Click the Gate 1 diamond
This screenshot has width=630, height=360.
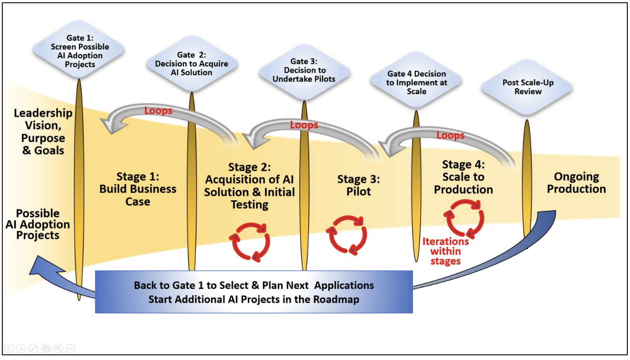[x=79, y=51]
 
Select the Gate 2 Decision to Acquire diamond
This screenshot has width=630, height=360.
[x=192, y=64]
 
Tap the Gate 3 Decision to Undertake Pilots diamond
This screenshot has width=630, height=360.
[x=304, y=70]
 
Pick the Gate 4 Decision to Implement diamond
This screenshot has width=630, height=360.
[x=416, y=82]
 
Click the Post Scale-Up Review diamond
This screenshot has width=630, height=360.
[x=528, y=87]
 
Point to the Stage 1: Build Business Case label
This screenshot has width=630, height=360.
[x=138, y=189]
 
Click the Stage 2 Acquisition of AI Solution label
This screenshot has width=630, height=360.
[x=250, y=186]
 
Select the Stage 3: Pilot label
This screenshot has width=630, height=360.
[x=359, y=185]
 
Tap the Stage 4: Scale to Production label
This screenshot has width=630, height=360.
[x=463, y=177]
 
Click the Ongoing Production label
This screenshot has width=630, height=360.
[x=576, y=183]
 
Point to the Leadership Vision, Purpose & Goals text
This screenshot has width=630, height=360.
[x=43, y=132]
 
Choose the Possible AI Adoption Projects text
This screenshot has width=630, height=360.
[x=38, y=225]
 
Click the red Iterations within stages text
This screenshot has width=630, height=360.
[x=446, y=251]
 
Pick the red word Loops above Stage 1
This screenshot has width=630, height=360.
[x=158, y=111]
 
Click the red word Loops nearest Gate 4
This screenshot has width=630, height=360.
[x=450, y=135]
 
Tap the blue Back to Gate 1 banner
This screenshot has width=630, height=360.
[x=254, y=292]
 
